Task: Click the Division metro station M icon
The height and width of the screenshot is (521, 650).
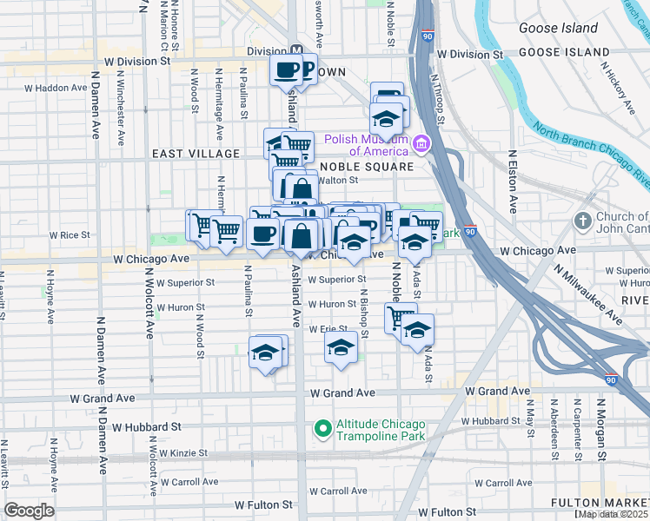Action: point(296,51)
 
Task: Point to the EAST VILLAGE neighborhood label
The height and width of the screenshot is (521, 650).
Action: point(196,154)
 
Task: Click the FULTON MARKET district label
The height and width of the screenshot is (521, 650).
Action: point(600,504)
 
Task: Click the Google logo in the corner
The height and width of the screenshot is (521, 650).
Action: point(29,510)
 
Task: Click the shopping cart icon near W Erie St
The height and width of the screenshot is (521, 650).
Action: point(401,316)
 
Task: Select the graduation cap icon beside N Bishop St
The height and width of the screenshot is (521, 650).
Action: point(341,349)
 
